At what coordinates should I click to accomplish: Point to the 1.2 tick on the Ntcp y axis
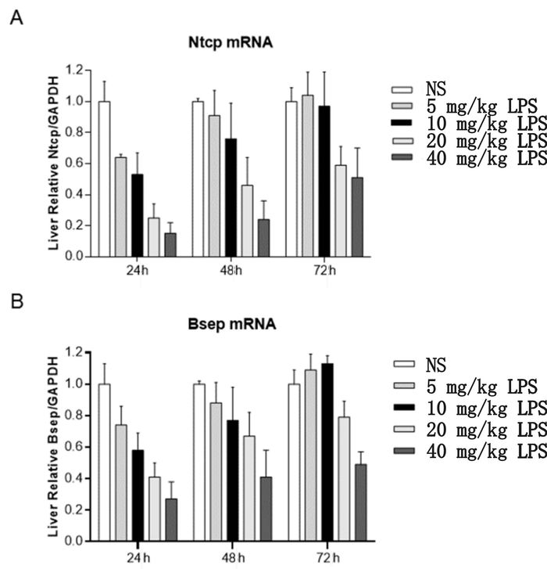(x=76, y=70)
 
